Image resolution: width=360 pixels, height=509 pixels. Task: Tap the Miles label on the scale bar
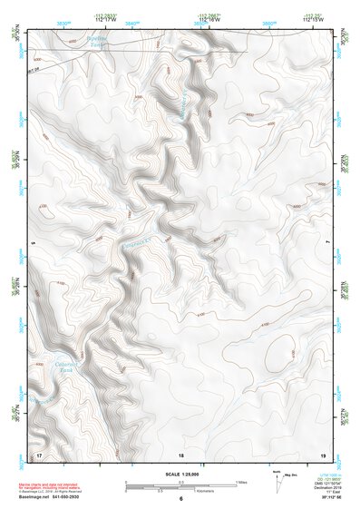tap(240, 481)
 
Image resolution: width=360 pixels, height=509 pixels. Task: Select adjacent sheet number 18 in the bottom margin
tap(181, 454)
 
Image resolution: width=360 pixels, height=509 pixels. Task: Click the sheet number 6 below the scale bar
tap(181, 498)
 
